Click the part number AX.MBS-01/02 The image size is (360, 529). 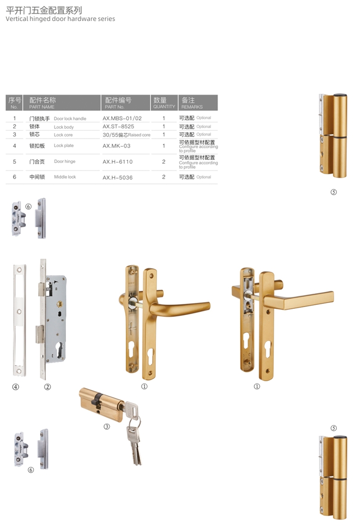pyautogui.click(x=122, y=118)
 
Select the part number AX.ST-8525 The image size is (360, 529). pyautogui.click(x=118, y=127)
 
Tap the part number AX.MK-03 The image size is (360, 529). pyautogui.click(x=116, y=146)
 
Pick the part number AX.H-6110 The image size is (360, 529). pyautogui.click(x=117, y=162)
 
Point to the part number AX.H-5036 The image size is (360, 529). pyautogui.click(x=117, y=178)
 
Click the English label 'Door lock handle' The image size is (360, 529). pyautogui.click(x=70, y=119)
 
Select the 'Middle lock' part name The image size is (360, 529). pyautogui.click(x=65, y=177)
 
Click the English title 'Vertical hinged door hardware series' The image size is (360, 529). pyautogui.click(x=60, y=19)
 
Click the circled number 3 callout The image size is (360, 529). pyautogui.click(x=107, y=426)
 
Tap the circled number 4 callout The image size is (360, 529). pyautogui.click(x=15, y=387)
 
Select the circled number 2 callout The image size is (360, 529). pyautogui.click(x=48, y=387)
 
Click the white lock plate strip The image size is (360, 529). pyautogui.click(x=19, y=320)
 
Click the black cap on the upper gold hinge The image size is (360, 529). pyautogui.click(x=340, y=96)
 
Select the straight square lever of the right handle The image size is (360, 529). pyautogui.click(x=299, y=300)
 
